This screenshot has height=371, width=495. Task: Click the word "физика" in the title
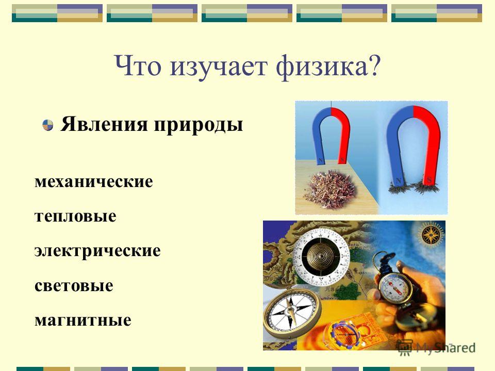(x=322, y=67)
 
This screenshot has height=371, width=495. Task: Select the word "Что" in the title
(x=137, y=66)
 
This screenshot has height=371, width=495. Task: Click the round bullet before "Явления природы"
(x=47, y=125)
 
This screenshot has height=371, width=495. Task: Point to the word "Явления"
(x=104, y=124)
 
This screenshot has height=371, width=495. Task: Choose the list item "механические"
(x=94, y=182)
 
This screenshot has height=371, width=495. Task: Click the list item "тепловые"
(x=75, y=216)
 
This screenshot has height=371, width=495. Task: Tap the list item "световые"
(x=74, y=286)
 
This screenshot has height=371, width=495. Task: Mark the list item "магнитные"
(x=83, y=321)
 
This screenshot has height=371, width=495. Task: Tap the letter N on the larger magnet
(x=399, y=181)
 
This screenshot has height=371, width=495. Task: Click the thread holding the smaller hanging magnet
(x=331, y=105)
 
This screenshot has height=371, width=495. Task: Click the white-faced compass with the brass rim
(x=291, y=312)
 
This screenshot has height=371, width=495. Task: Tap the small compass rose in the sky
(x=431, y=235)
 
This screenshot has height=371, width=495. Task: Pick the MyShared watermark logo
(x=437, y=348)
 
